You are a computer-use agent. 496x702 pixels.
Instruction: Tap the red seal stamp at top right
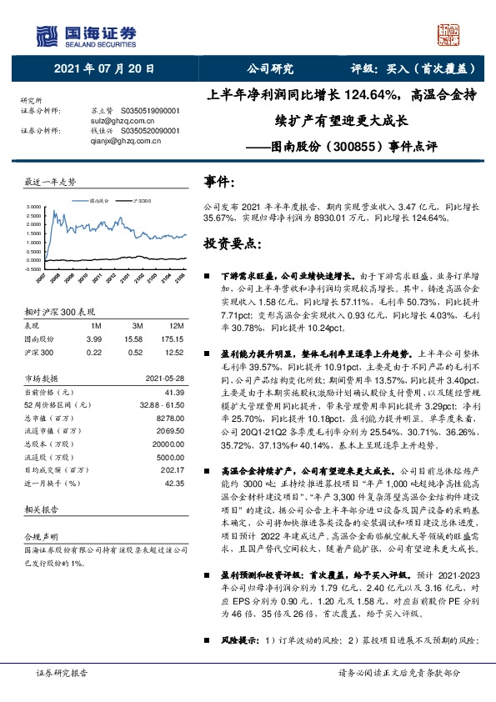pyautogui.click(x=449, y=35)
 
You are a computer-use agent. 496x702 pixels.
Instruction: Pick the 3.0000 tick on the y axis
pyautogui.click(x=33, y=206)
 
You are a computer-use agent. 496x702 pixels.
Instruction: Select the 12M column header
pyautogui.click(x=177, y=326)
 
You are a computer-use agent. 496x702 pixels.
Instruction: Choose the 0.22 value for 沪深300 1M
pyautogui.click(x=95, y=353)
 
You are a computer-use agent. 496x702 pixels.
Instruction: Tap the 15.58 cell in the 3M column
pyautogui.click(x=133, y=339)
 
